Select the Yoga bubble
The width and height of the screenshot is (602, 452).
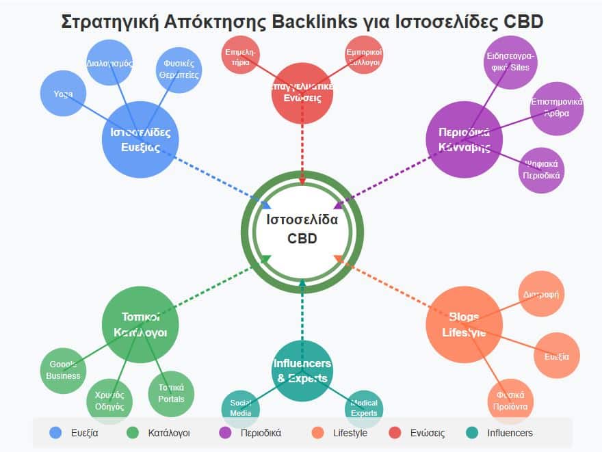64,94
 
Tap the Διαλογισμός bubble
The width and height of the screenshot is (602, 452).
109,63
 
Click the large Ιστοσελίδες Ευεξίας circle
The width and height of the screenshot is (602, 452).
140,139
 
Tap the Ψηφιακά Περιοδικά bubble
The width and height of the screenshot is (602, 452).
541,170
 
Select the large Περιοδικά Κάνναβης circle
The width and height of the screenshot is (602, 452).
464,139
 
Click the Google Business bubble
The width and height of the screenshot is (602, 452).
64,370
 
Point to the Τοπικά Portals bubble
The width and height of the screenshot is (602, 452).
171,394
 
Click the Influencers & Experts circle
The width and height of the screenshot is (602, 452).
302,371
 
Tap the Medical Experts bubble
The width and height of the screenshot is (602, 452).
364,408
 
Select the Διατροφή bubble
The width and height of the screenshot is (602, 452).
541,295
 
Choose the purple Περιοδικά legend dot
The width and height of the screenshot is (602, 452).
224,433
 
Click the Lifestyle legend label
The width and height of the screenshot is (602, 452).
350,433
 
